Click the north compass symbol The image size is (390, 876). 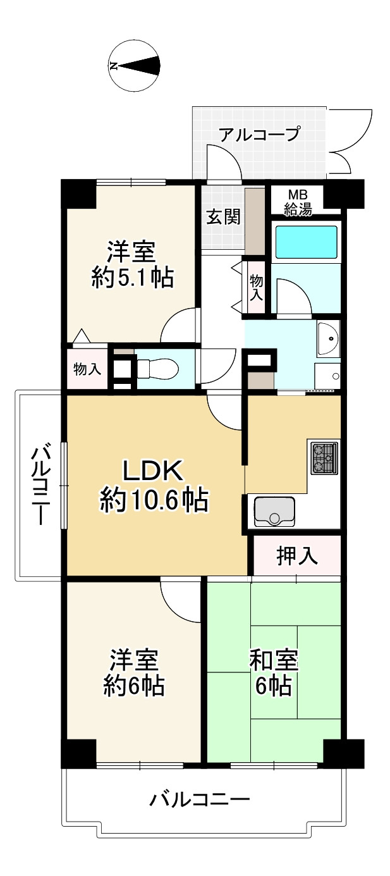(x=134, y=65)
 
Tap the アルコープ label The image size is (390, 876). (x=259, y=134)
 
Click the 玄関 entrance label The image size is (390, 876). (x=223, y=217)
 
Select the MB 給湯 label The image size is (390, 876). (x=297, y=201)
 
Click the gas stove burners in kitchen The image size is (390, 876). (x=324, y=458)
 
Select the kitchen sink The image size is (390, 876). (x=274, y=511)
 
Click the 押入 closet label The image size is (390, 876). (x=296, y=557)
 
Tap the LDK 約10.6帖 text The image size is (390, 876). (x=153, y=486)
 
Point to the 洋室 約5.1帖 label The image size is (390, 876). (x=131, y=264)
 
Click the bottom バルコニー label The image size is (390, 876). (x=199, y=800)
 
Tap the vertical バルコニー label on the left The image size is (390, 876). (x=40, y=485)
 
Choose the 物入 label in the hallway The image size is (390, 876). (x=256, y=287)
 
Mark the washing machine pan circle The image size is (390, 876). (x=334, y=376)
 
